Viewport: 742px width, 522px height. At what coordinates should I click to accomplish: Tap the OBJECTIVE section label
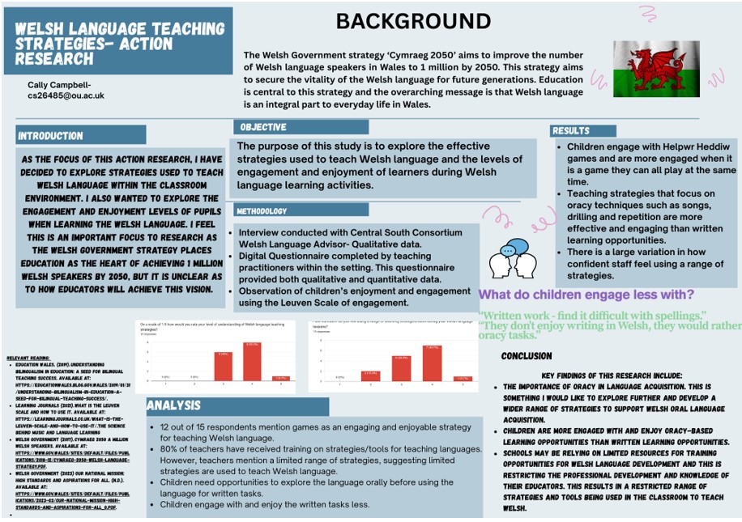click(x=263, y=127)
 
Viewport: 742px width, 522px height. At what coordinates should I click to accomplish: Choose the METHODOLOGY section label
click(x=262, y=211)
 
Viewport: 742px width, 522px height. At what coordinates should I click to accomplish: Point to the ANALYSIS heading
click(x=173, y=406)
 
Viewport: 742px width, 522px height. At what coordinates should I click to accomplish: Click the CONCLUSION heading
click(x=527, y=356)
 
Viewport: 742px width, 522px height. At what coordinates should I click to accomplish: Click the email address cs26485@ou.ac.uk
click(x=66, y=95)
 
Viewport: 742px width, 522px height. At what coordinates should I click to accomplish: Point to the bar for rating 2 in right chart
click(x=370, y=375)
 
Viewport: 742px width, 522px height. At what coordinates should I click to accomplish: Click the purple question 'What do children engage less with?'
click(x=586, y=295)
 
